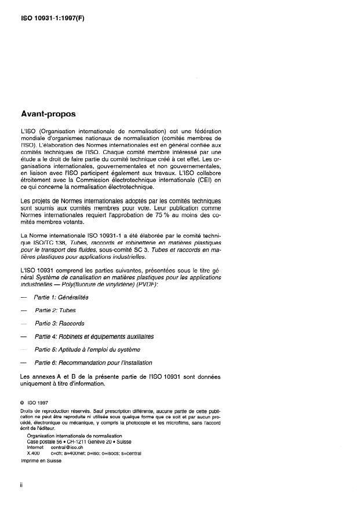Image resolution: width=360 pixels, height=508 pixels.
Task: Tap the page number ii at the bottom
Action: pos(21,484)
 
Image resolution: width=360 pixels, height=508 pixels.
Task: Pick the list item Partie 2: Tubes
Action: pos(52,310)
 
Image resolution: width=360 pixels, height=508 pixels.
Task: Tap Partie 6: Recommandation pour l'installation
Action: pos(93,363)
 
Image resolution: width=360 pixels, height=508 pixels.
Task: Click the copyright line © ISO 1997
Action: pos(38,400)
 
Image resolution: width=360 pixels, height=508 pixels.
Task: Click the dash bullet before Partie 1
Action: pos(23,297)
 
